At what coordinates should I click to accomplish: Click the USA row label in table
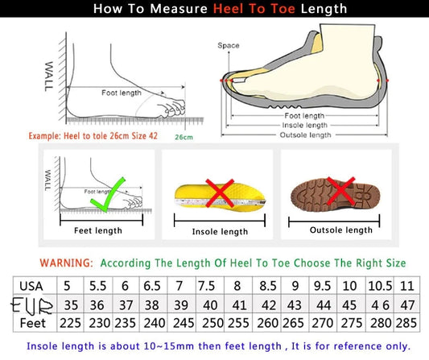click(x=32, y=286)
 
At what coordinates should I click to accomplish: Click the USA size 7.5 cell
click(x=208, y=286)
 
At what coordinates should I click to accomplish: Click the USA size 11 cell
click(x=407, y=286)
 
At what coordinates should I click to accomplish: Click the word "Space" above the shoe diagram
click(x=229, y=46)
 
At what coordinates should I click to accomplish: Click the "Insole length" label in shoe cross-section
click(x=303, y=125)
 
